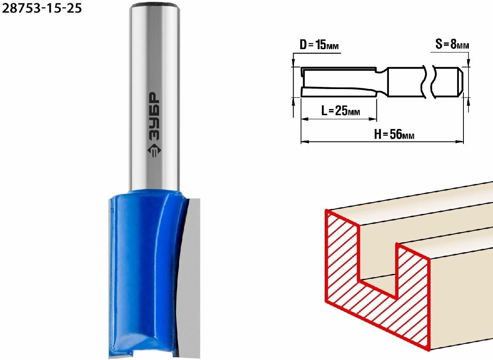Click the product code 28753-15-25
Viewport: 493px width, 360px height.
point(42,8)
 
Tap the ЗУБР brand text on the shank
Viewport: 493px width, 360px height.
point(154,116)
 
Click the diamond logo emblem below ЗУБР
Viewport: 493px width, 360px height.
point(154,152)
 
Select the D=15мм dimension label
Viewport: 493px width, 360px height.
point(319,45)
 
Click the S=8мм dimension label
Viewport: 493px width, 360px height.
point(452,44)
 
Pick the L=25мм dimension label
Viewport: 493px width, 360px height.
point(341,111)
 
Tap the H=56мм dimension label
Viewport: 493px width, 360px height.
point(394,134)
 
